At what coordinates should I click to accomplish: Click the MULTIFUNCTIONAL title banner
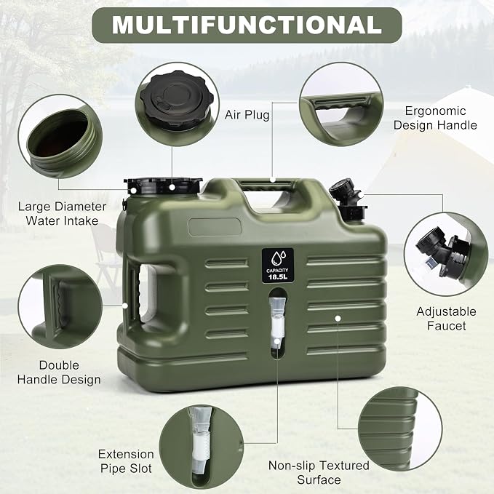(x=247, y=25)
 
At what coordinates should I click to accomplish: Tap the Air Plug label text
(x=247, y=115)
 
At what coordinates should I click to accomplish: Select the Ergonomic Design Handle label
(x=435, y=118)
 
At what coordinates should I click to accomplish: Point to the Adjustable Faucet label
(x=446, y=319)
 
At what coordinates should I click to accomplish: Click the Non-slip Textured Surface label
(x=319, y=472)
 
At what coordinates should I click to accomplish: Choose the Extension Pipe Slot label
(x=126, y=461)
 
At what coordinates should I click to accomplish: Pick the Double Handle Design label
(x=59, y=373)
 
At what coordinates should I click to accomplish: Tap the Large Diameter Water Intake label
(x=62, y=214)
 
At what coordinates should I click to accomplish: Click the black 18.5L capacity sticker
(x=278, y=265)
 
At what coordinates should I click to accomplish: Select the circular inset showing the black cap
(x=177, y=104)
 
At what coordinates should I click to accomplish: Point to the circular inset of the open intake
(x=60, y=136)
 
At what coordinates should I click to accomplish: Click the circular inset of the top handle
(x=341, y=104)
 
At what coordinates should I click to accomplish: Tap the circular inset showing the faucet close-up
(x=446, y=254)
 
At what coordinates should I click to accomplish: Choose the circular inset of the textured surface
(x=400, y=429)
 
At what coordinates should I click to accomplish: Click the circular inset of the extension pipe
(x=202, y=447)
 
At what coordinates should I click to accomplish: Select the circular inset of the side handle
(x=60, y=306)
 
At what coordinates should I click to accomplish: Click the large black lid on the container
(x=162, y=186)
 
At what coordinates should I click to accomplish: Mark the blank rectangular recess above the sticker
(x=215, y=227)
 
